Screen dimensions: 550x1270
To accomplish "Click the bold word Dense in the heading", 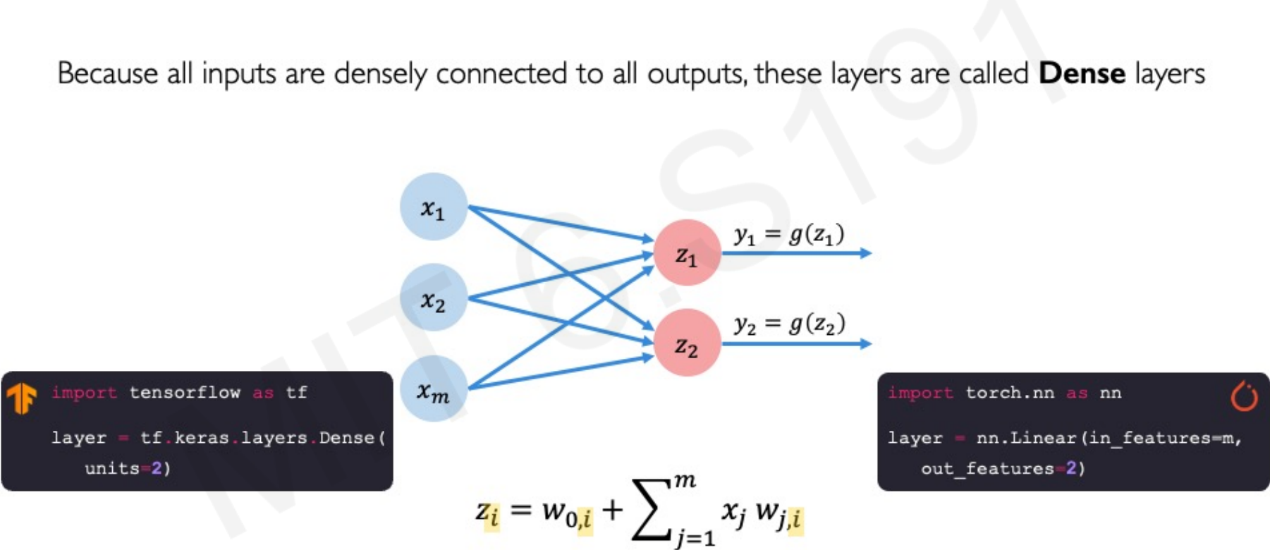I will pos(1082,73).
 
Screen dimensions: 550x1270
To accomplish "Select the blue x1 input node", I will pos(433,207).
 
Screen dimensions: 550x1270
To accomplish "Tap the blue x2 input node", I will pos(433,298).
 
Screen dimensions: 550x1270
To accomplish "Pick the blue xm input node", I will pos(433,389).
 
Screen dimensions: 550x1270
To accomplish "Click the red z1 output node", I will pos(687,253).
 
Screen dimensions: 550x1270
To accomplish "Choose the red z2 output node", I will pos(687,343).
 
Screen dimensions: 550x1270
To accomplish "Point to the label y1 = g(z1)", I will pos(789,234).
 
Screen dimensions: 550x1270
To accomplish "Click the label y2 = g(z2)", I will pos(789,324).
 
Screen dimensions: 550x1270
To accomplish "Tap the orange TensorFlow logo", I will pos(21,397).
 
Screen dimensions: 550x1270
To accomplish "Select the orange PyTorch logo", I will pos(1244,396).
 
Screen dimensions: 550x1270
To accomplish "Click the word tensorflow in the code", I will pos(185,393).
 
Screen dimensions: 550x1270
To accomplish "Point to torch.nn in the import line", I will pos(1009,393).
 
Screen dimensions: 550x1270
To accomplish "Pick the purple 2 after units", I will pos(157,468).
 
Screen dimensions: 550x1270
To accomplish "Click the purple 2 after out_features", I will pos(1070,468).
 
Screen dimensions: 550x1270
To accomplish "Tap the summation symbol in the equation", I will pos(650,509).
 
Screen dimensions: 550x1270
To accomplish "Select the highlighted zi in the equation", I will pos(487,513).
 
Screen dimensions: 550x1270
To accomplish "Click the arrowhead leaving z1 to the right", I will pos(866,253).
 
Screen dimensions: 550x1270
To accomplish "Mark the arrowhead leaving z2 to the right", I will pos(866,343).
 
